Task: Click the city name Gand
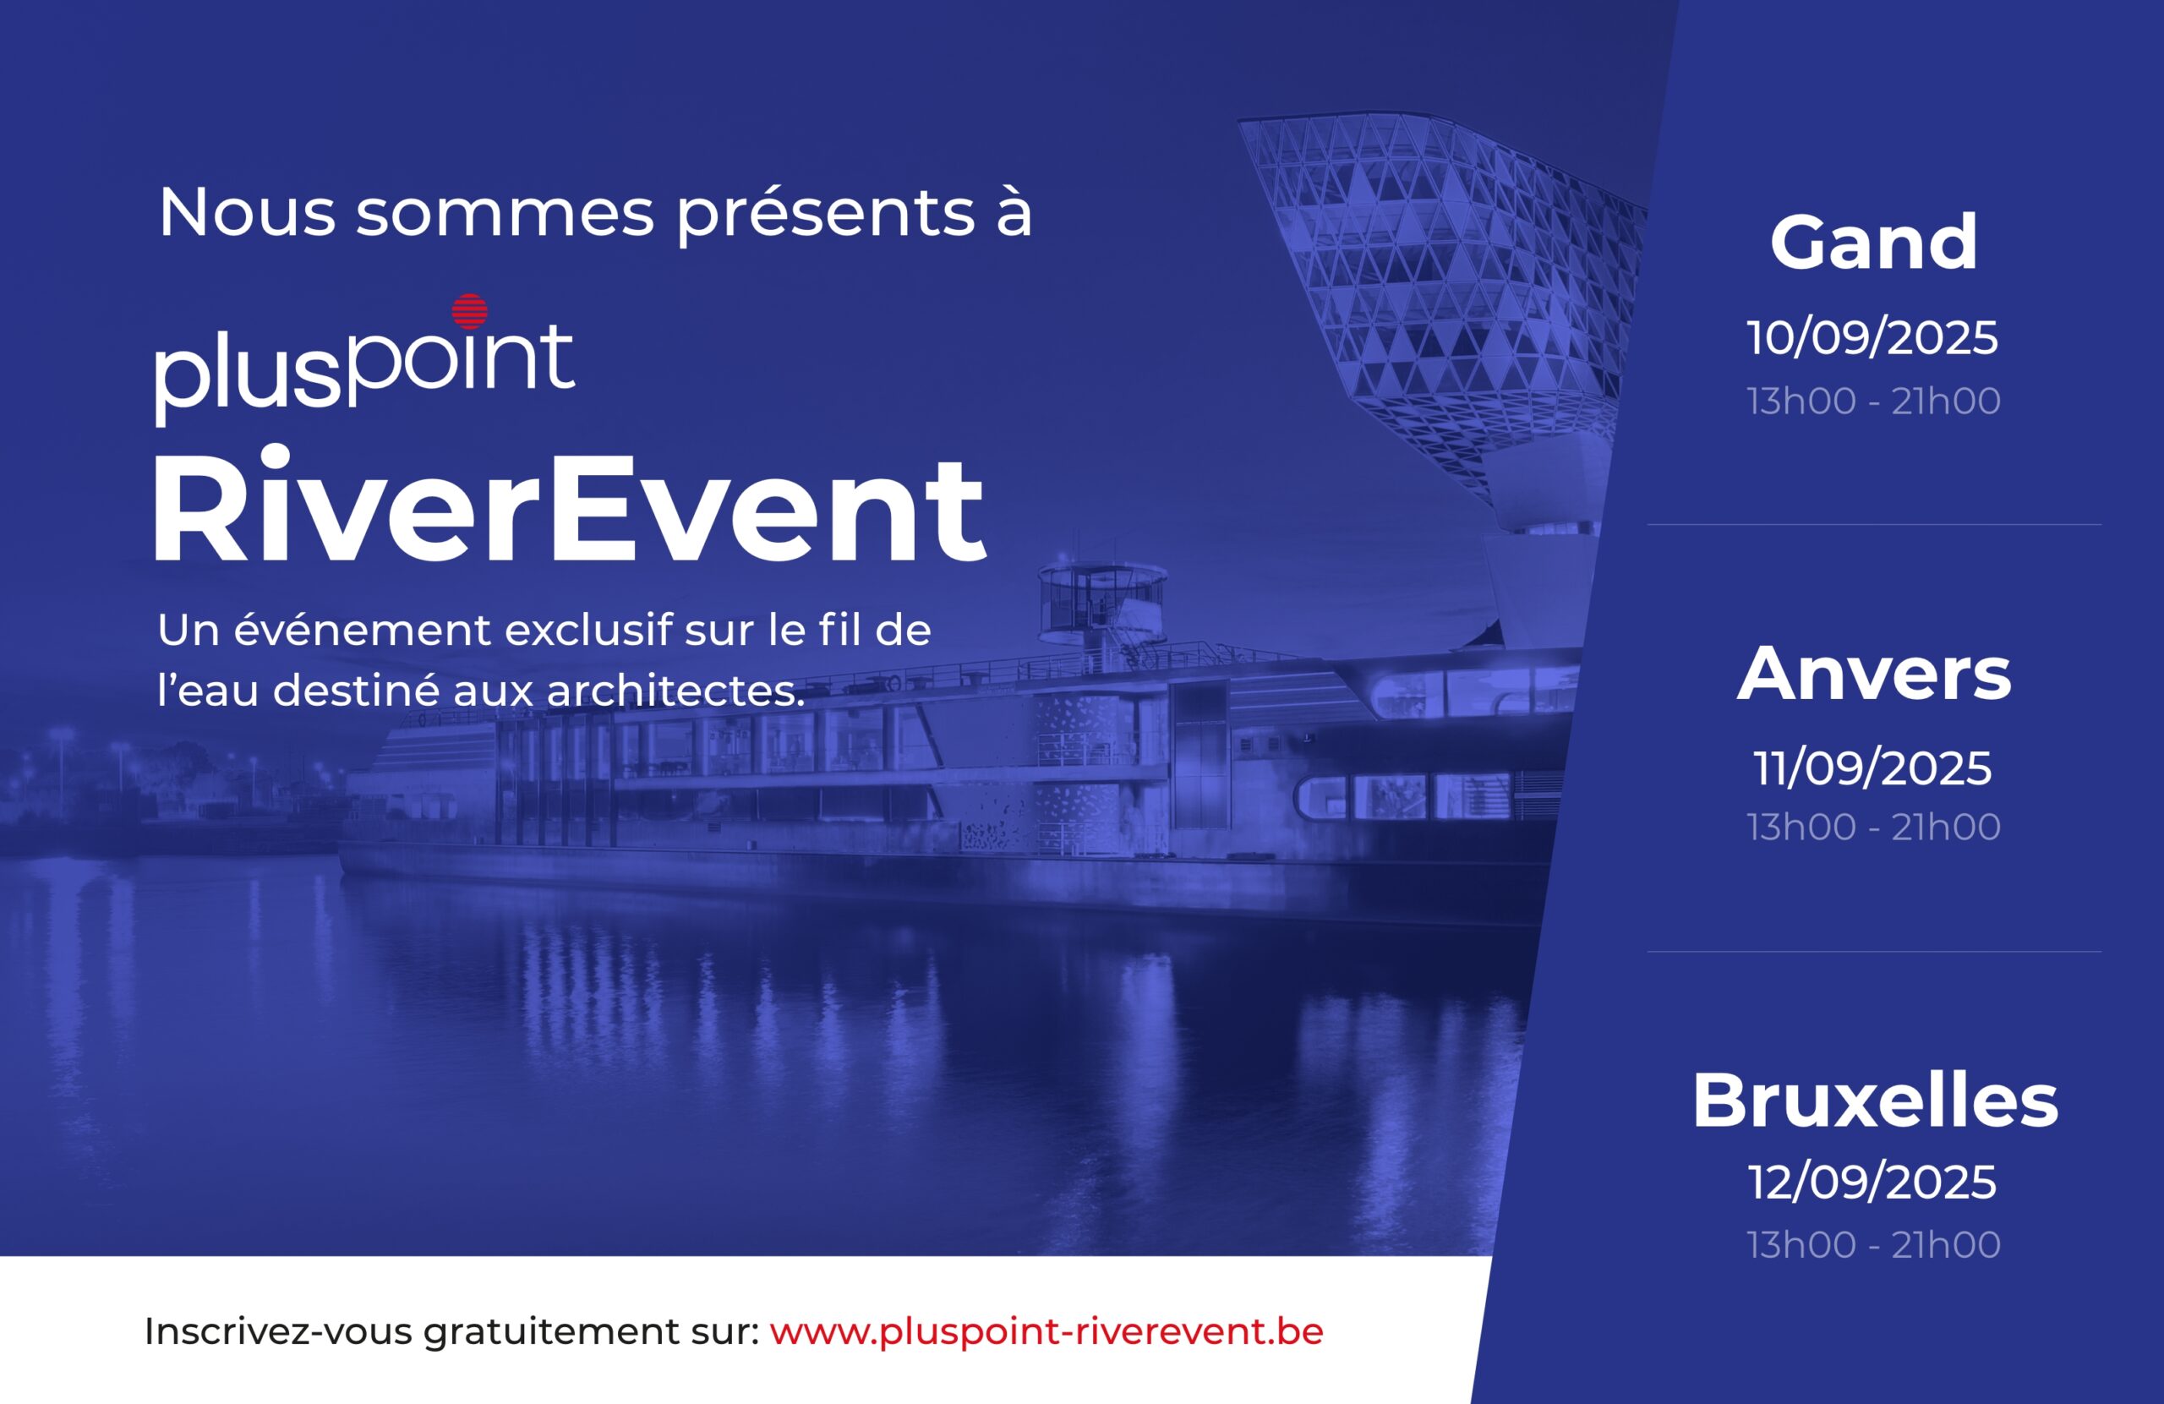[1873, 242]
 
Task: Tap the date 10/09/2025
[1872, 337]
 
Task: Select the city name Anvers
[1874, 674]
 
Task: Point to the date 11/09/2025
[1872, 768]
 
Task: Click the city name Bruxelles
[1875, 1101]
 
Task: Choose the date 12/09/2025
[1872, 1183]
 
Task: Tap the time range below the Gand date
[1873, 401]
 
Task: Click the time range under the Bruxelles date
[1873, 1245]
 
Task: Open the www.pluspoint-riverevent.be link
[1046, 1332]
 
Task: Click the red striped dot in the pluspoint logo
[470, 311]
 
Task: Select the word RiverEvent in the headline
[569, 505]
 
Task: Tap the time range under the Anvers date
[1873, 827]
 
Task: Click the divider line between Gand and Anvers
[1874, 525]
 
